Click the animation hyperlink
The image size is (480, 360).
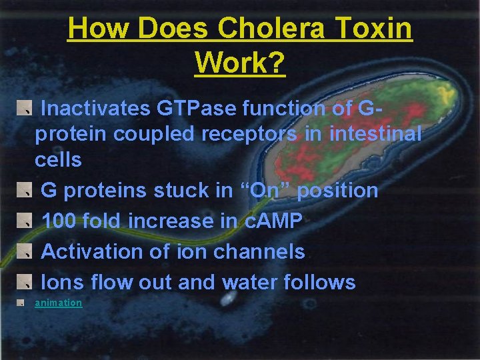pyautogui.click(x=59, y=303)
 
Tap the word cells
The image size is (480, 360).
pyautogui.click(x=58, y=160)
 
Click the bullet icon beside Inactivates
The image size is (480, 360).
pyautogui.click(x=25, y=107)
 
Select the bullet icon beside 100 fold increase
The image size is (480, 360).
pyautogui.click(x=25, y=221)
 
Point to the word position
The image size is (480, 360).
pyautogui.click(x=337, y=191)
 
